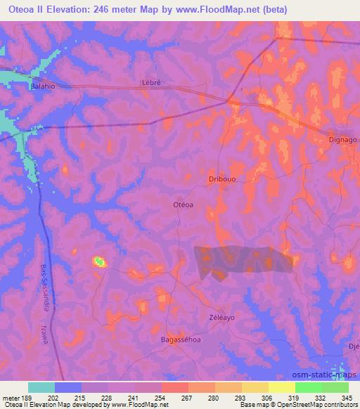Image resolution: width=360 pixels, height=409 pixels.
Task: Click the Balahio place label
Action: (x=42, y=86)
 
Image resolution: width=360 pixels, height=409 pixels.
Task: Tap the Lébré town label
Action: (x=152, y=82)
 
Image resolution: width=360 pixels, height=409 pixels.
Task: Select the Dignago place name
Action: (x=343, y=140)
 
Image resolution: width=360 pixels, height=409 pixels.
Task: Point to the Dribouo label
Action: (x=221, y=179)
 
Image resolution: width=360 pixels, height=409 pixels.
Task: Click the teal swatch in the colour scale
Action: (x=41, y=387)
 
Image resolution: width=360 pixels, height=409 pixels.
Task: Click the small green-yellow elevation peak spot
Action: (x=99, y=262)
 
